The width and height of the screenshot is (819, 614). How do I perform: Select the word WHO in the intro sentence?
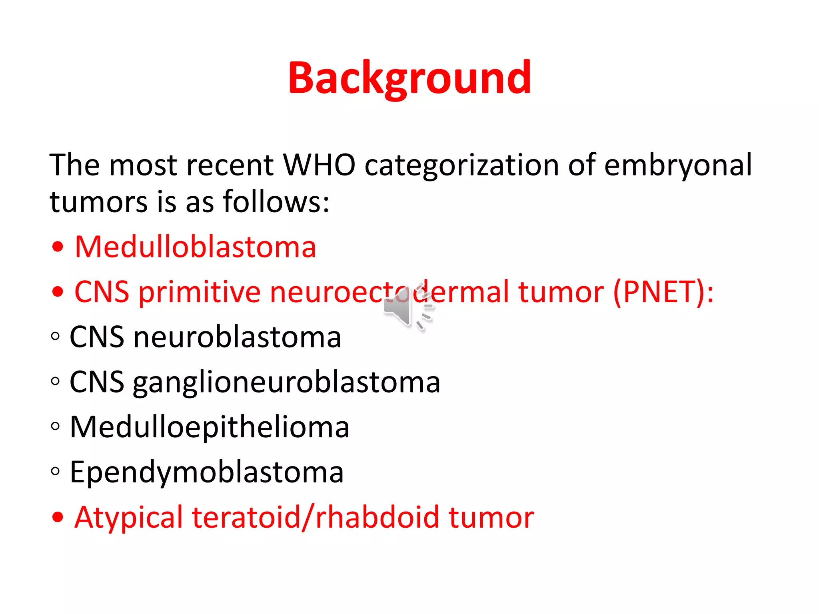point(319,165)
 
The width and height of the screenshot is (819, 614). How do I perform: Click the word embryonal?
point(678,165)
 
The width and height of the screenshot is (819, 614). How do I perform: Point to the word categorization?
point(461,165)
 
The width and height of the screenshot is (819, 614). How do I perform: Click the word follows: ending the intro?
point(276,201)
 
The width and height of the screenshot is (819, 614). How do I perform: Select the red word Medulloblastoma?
point(196,247)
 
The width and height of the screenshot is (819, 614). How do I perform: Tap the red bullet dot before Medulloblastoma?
point(58,247)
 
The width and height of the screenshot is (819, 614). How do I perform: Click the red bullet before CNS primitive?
point(58,292)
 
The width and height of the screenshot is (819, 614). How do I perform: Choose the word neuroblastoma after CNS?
point(237,337)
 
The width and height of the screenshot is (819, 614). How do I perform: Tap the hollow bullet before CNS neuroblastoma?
point(56,336)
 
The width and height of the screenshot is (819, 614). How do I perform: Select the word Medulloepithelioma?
point(210,427)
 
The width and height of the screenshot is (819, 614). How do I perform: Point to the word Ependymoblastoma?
point(206,472)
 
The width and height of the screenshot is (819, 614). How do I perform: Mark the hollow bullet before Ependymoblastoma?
point(56,471)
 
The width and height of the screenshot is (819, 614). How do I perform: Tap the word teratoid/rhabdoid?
point(316,517)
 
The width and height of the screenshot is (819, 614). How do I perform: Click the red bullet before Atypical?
point(58,517)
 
